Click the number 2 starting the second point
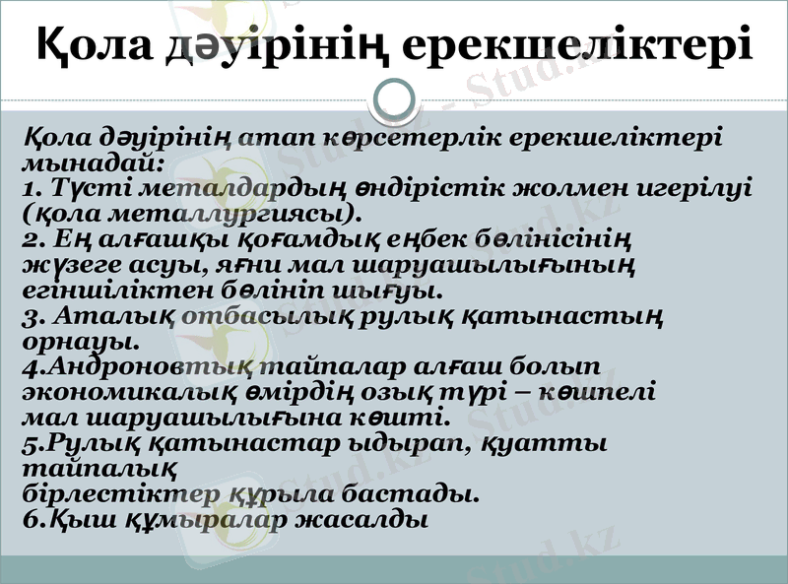[30, 239]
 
